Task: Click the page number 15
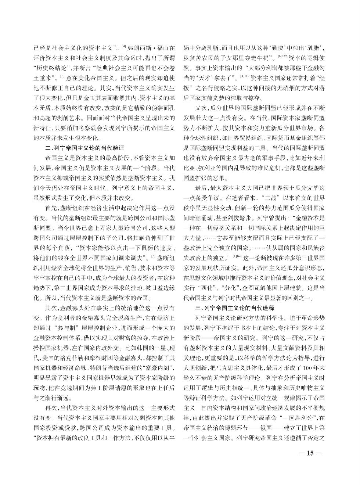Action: (309, 453)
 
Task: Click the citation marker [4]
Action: (124, 46)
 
